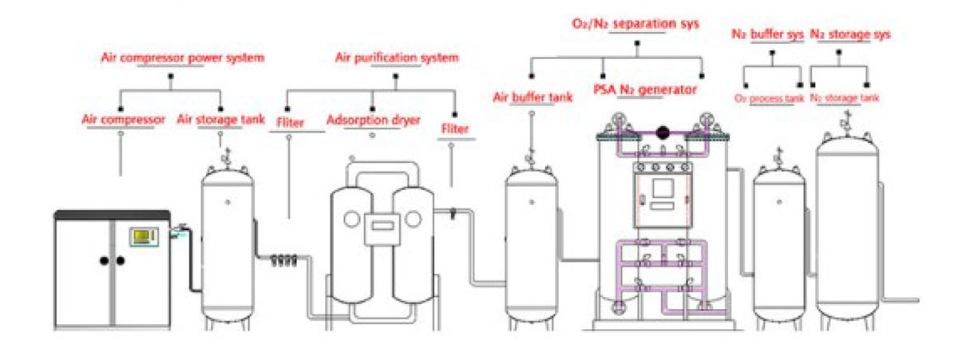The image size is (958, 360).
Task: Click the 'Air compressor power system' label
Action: click(x=182, y=57)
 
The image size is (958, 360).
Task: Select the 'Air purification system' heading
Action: click(x=396, y=57)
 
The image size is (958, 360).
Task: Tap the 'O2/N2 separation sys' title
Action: click(x=636, y=24)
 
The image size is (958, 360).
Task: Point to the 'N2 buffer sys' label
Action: click(x=767, y=34)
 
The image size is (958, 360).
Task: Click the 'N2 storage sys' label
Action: click(x=850, y=34)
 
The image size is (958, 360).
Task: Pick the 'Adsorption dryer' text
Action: click(x=374, y=120)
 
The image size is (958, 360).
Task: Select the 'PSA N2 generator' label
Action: click(x=644, y=89)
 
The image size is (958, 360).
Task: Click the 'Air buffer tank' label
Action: click(x=532, y=98)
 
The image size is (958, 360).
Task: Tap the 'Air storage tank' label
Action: click(x=220, y=120)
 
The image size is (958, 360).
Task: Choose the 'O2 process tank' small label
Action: click(x=769, y=98)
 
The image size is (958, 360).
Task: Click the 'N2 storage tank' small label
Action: click(x=845, y=98)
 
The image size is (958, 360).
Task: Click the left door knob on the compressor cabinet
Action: click(x=104, y=260)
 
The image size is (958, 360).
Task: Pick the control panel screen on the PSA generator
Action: click(x=662, y=189)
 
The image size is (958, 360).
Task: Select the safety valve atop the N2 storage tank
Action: click(x=845, y=120)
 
